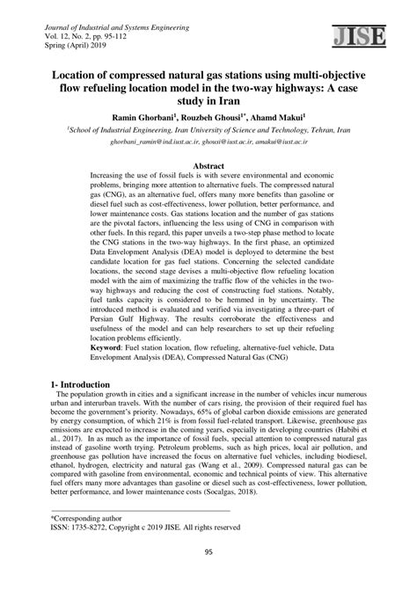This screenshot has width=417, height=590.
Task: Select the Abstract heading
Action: pos(208,140)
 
